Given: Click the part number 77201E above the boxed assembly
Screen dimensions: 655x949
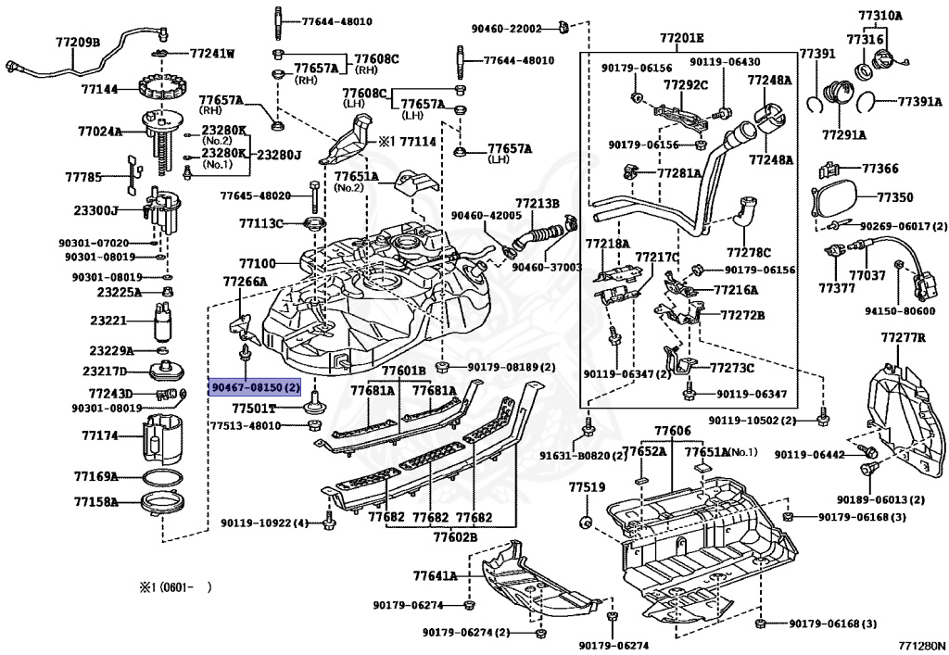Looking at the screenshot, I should (x=682, y=38).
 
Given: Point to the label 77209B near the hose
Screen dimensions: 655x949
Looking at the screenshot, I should (x=78, y=42).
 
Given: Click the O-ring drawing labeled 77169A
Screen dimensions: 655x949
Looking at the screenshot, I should (x=163, y=477).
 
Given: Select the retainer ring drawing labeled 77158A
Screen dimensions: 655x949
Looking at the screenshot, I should (x=163, y=504).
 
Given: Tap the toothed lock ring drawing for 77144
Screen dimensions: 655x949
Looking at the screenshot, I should (x=163, y=90).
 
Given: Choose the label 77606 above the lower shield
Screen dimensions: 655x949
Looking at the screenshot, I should (x=672, y=432).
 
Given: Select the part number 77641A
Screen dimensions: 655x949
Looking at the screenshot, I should (x=436, y=575).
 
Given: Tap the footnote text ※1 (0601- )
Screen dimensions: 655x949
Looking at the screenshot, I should (x=176, y=586).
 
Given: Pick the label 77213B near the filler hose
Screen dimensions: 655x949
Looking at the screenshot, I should (x=538, y=203).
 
